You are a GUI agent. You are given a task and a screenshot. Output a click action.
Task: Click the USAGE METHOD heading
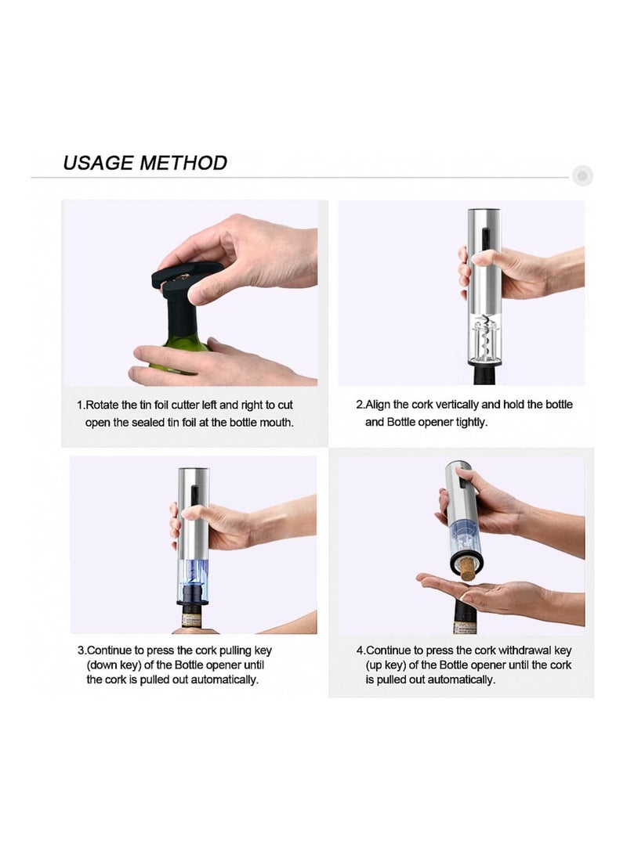[x=145, y=163]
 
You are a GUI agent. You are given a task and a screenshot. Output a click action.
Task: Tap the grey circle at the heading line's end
[x=582, y=176]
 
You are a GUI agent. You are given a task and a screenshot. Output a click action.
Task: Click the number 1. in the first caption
[x=81, y=405]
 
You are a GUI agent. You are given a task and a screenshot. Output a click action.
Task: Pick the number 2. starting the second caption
[x=361, y=405]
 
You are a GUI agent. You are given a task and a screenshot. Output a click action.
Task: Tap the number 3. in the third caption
[x=82, y=650]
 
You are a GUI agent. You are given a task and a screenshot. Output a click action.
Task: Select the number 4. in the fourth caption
[x=361, y=650]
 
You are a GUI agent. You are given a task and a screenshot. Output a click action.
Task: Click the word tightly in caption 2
[x=469, y=422]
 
